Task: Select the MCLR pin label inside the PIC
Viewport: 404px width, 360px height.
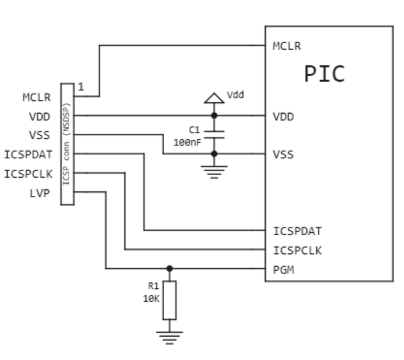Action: pos(287,47)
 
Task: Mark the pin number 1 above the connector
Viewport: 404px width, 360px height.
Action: pos(81,87)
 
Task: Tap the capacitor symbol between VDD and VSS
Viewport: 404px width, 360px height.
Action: pos(215,134)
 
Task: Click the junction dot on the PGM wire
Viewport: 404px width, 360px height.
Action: pos(169,268)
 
